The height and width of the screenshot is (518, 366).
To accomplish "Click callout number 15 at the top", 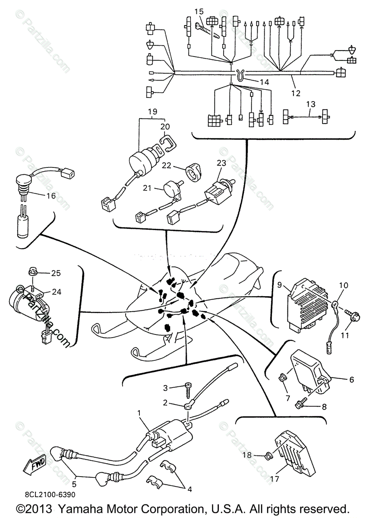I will click(x=198, y=11).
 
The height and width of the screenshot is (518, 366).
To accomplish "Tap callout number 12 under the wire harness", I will click(x=296, y=92).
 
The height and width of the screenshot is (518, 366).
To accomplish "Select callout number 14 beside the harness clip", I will click(x=264, y=82).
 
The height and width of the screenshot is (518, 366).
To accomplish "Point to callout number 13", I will click(x=311, y=104).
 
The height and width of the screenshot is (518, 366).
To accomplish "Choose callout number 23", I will click(x=221, y=163).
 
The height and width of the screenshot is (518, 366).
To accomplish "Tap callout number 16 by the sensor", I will click(x=51, y=196).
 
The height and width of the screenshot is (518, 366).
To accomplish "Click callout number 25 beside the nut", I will click(x=56, y=273).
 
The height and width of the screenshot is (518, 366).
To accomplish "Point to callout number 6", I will click(x=351, y=379).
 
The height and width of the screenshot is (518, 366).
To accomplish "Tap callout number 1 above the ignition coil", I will click(x=139, y=413).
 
